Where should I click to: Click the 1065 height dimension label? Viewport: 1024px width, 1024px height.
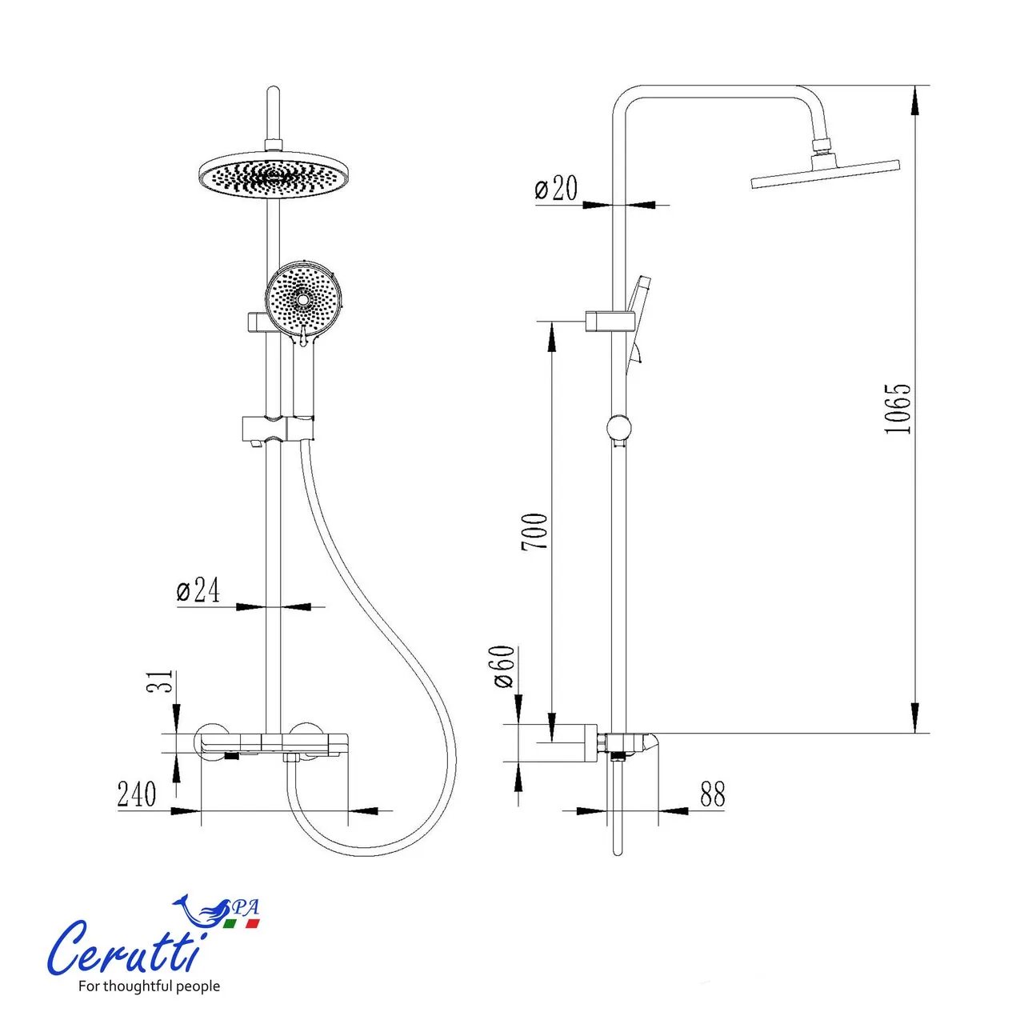pyautogui.click(x=898, y=409)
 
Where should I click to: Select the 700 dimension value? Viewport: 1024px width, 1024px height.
pyautogui.click(x=534, y=531)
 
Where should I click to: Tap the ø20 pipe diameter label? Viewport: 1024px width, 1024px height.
pyautogui.click(x=556, y=188)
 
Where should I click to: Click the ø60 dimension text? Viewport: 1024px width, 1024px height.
pyautogui.click(x=504, y=667)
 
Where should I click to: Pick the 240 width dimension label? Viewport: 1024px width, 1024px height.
pyautogui.click(x=137, y=794)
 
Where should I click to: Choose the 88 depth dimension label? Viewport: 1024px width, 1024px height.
pyautogui.click(x=713, y=794)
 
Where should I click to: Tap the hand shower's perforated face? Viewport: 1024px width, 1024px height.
pyautogui.click(x=302, y=300)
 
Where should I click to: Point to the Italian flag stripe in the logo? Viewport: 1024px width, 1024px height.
pyautogui.click(x=241, y=923)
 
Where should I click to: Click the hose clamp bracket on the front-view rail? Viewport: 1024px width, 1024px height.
pyautogui.click(x=278, y=428)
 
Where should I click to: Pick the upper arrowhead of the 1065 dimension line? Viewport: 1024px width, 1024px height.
pyautogui.click(x=915, y=101)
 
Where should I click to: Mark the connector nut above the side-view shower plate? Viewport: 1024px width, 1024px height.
pyautogui.click(x=822, y=145)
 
